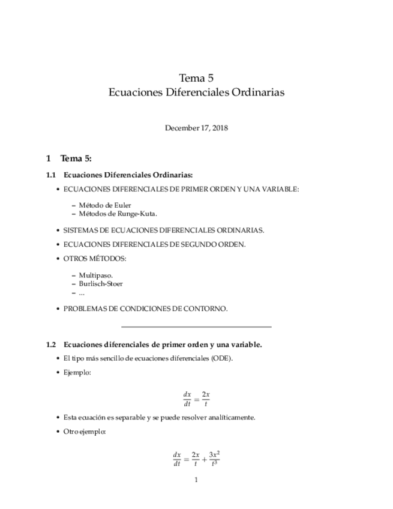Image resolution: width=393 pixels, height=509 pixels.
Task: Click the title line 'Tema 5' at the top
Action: coord(196,77)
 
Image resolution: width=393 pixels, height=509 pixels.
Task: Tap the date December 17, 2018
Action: coord(196,128)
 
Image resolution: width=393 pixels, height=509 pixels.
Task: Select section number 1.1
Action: coord(51,175)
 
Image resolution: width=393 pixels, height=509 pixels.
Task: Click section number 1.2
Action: coord(51,345)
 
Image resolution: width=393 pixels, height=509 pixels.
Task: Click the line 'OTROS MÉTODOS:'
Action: coord(95,259)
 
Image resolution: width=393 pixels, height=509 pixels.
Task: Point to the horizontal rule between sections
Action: coord(196,327)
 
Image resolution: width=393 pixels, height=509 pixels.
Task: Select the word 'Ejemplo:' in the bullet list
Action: coord(77,373)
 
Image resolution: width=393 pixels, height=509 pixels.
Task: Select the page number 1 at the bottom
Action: coord(196,480)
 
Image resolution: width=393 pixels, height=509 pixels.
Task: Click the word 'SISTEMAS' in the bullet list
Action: coord(79,230)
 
